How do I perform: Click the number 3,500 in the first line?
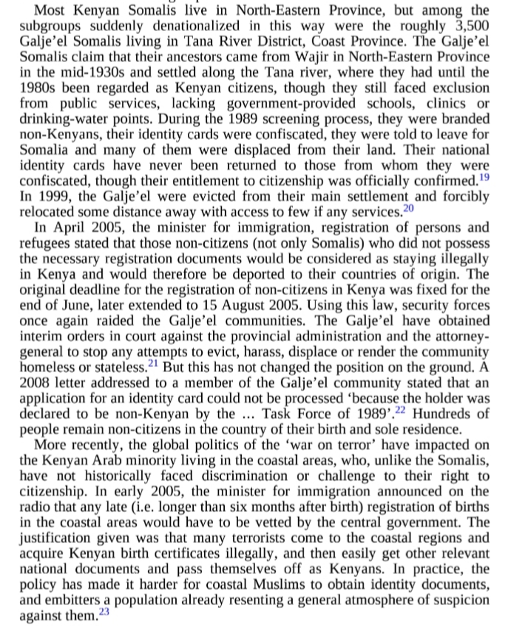[x=469, y=24]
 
